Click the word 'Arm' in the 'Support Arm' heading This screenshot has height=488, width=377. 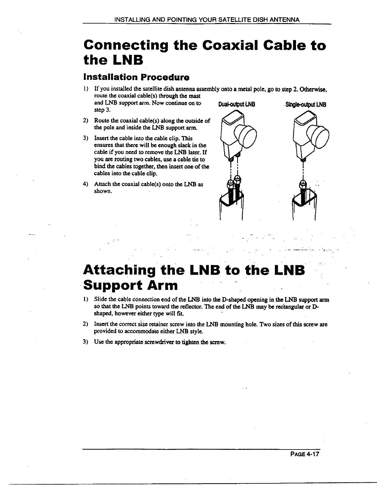163,285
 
